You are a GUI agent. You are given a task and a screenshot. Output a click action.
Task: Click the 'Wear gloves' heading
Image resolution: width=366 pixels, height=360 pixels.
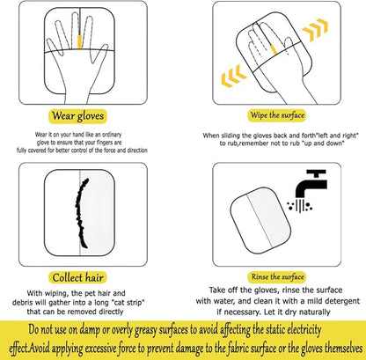coord(77,116)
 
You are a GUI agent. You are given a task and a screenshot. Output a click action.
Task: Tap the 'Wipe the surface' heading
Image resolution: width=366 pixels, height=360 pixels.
coord(277,115)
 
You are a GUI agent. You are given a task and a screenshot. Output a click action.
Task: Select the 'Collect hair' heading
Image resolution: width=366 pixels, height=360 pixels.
coord(77,277)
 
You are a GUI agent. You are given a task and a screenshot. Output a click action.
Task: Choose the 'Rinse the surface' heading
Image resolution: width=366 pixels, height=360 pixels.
coord(277,276)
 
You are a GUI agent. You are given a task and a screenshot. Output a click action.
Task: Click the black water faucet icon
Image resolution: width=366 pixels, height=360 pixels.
coord(311,184)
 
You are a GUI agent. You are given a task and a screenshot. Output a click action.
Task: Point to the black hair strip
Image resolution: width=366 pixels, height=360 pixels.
coord(82,213)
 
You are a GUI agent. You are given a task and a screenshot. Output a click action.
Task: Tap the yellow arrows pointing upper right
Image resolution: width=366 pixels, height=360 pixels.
coord(315,29)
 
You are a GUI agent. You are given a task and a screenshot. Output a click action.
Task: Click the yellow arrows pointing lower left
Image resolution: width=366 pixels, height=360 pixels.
coord(233,76)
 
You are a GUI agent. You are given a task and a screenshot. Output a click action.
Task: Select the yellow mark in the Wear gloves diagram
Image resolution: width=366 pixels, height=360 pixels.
coord(79,41)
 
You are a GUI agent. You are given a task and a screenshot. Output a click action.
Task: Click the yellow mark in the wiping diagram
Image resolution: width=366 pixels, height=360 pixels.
coord(274,49)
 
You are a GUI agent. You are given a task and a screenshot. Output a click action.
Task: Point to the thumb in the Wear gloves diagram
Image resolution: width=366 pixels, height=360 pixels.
coord(99,55)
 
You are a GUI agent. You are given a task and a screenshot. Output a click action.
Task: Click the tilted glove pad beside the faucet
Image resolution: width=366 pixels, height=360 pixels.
coord(260,220)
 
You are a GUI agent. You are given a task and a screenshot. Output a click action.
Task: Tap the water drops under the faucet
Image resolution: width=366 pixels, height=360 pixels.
coord(300,205)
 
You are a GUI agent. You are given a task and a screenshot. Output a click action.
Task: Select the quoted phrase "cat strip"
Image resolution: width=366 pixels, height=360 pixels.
coord(128,303)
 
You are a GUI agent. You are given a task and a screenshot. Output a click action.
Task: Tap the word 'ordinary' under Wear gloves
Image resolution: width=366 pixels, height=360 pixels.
coord(111,135)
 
